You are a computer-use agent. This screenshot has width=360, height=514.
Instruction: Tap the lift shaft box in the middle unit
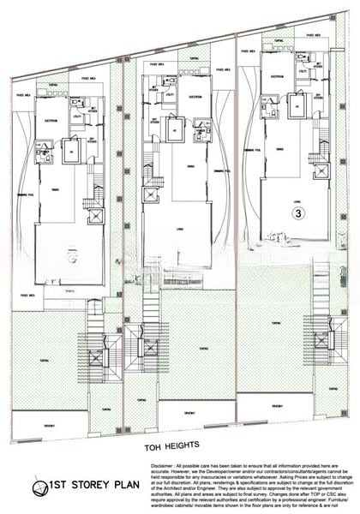(151, 195)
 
